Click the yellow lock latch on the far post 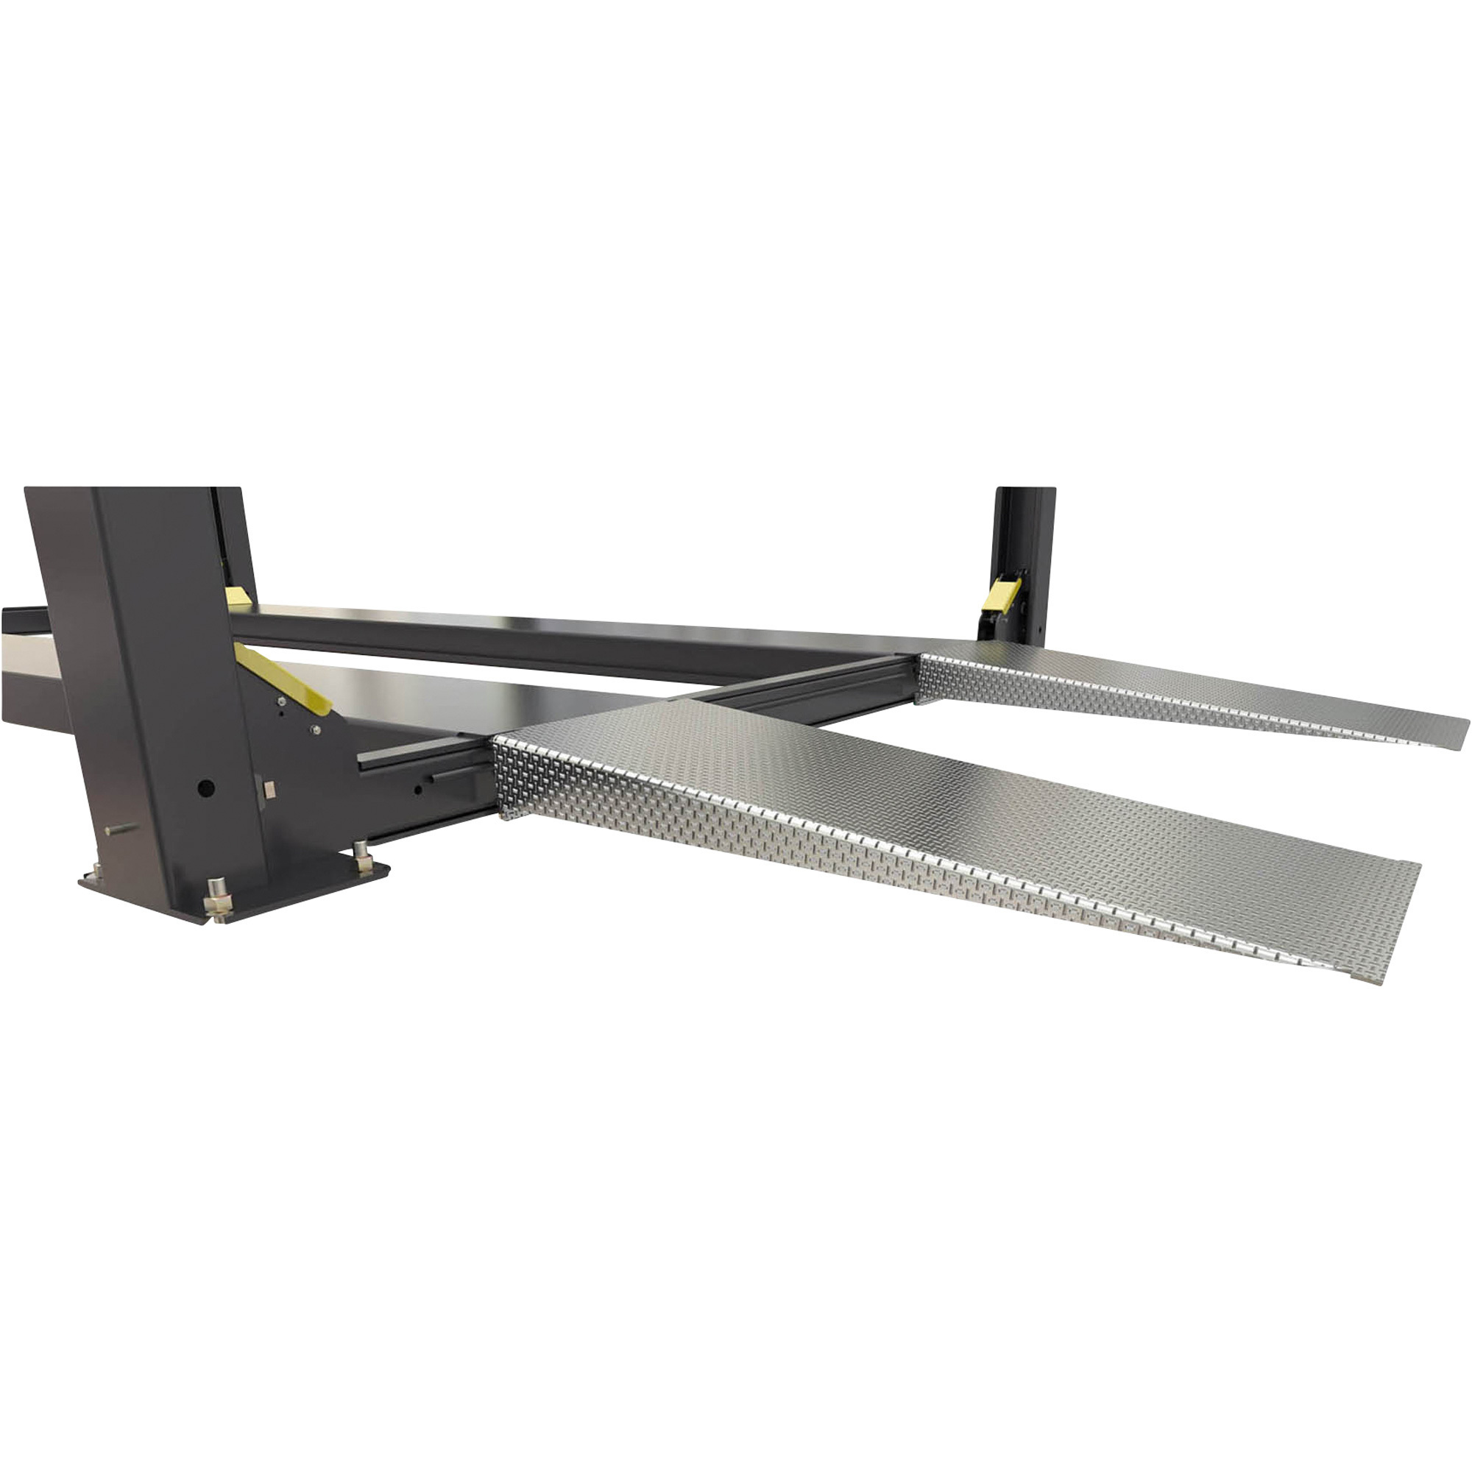click(1000, 594)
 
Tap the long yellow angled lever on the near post click(282, 679)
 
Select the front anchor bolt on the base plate click(217, 901)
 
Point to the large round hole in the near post click(205, 788)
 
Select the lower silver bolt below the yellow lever click(316, 730)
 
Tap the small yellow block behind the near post click(238, 596)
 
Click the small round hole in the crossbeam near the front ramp click(417, 790)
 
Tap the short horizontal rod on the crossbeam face click(450, 777)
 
